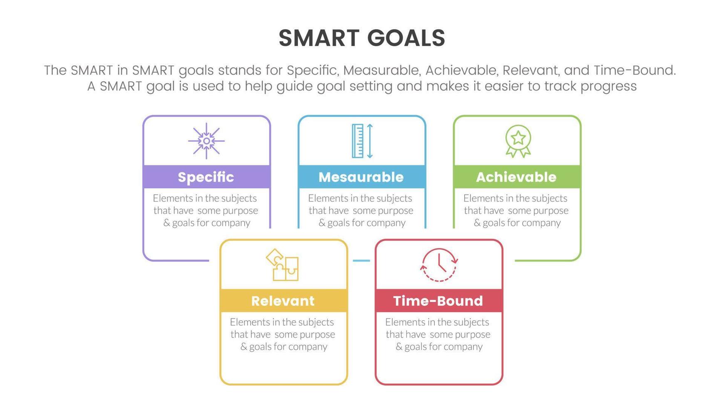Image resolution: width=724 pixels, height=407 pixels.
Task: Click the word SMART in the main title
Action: click(319, 38)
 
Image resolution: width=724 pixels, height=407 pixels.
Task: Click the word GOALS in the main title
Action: click(406, 38)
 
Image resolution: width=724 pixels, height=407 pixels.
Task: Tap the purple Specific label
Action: click(206, 177)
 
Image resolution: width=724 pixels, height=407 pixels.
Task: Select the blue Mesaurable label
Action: click(361, 177)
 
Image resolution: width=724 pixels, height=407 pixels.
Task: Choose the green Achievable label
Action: click(516, 177)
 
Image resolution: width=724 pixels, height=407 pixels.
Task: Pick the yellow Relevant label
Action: click(283, 301)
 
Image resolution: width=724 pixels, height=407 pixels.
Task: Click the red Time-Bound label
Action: click(438, 301)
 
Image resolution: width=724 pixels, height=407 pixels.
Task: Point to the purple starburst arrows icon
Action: click(207, 141)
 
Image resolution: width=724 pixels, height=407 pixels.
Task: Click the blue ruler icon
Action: click(357, 141)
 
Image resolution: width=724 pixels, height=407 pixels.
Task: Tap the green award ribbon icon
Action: click(518, 141)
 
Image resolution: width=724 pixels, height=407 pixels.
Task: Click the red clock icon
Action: click(439, 265)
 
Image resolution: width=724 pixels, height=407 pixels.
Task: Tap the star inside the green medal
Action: click(518, 137)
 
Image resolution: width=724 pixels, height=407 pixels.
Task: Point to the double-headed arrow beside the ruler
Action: click(369, 141)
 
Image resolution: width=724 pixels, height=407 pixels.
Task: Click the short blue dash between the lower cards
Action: click(361, 260)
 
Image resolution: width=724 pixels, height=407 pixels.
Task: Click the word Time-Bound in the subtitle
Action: click(635, 70)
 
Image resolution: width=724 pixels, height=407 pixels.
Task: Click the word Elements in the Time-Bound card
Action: click(402, 322)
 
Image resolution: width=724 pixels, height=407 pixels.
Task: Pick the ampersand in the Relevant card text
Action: click(244, 346)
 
